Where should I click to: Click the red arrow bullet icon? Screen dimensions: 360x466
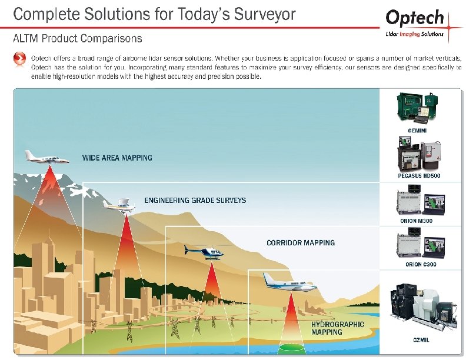19,59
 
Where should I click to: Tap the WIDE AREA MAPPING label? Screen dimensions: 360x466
117,158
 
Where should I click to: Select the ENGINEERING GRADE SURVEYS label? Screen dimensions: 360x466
195,201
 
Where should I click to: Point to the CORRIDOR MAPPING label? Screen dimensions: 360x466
301,243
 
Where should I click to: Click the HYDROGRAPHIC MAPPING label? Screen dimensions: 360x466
338,328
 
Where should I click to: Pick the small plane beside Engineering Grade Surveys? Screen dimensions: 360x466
122,204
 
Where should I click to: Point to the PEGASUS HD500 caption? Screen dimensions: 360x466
419,176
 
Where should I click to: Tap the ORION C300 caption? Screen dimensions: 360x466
421,265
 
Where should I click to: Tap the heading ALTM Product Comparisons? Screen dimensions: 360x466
78,38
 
